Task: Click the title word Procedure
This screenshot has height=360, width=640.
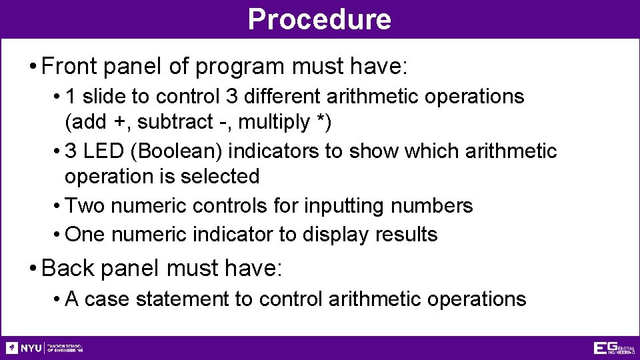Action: click(319, 19)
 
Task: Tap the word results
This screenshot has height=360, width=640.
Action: click(406, 235)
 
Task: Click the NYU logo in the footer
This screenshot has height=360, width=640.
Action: click(24, 348)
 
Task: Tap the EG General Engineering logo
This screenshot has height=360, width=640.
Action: click(614, 348)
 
